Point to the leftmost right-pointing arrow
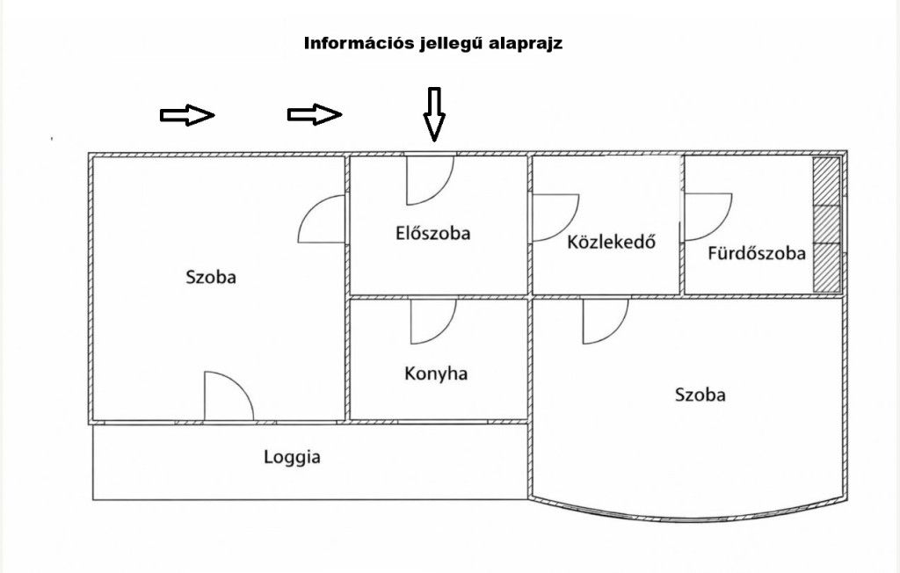pos(187,114)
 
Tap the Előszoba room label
pos(433,234)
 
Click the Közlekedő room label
pos(612,242)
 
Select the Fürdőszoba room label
pos(757,254)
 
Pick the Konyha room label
pos(436,374)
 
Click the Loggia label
pos(293,457)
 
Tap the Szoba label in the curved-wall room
pos(700,395)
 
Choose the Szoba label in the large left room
pos(211,277)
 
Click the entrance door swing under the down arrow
pos(427,179)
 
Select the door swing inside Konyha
pos(431,320)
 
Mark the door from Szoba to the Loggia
pos(227,397)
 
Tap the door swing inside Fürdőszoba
pos(706,215)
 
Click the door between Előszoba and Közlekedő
pos(553,216)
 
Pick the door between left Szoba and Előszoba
pos(323,221)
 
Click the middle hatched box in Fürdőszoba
pos(826,224)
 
